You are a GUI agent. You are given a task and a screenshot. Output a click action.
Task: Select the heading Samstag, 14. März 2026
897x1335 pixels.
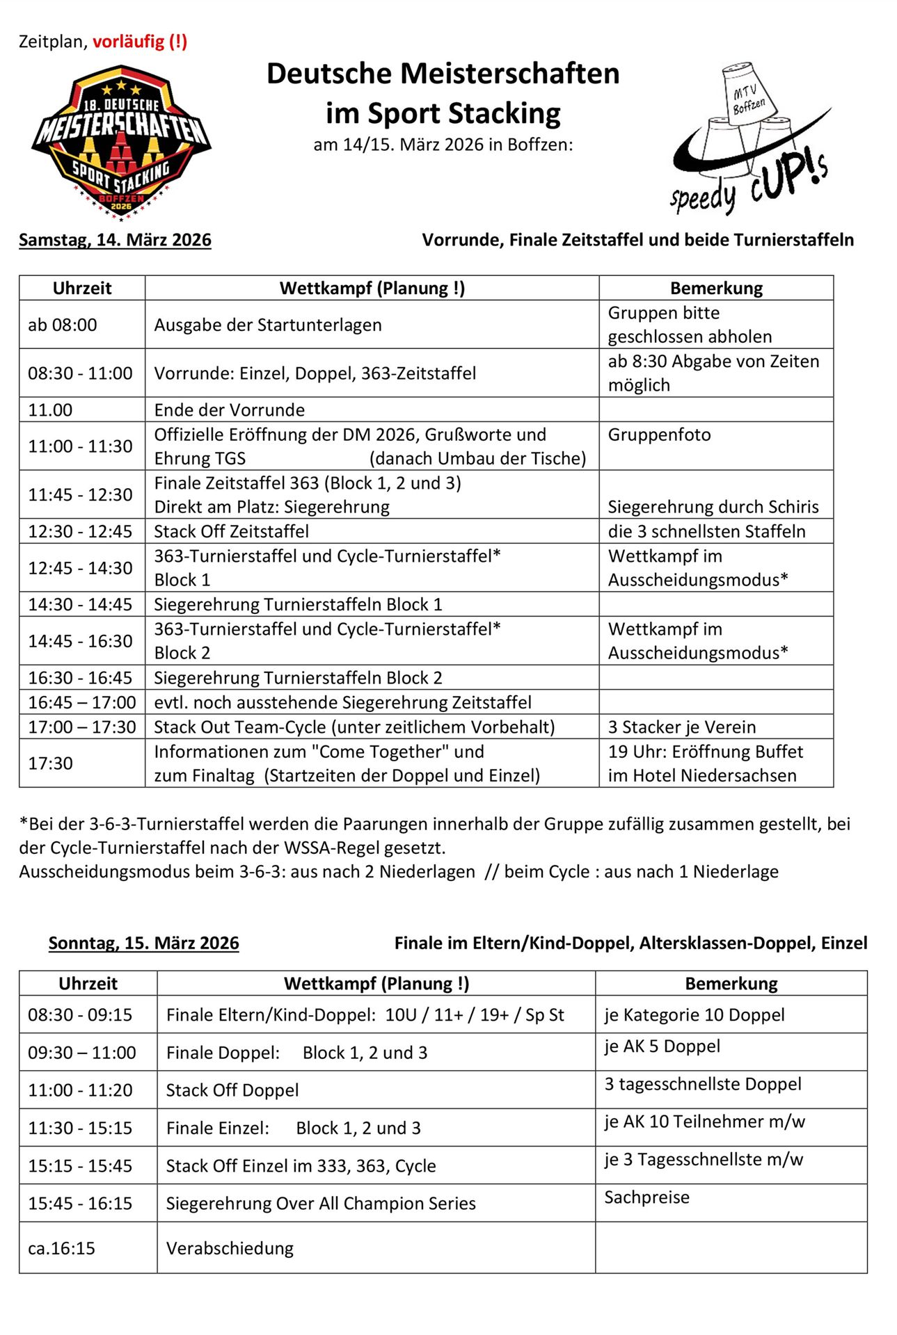point(115,240)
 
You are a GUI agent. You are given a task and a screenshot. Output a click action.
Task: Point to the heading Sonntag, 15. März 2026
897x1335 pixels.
point(143,943)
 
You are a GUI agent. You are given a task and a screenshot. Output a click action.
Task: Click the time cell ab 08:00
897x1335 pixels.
point(63,325)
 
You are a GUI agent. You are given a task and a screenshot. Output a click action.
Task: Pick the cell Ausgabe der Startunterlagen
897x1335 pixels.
point(268,325)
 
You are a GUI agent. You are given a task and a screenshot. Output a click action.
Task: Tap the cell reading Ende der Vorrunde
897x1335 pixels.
point(230,410)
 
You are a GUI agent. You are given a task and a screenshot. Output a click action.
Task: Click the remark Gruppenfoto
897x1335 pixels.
point(659,435)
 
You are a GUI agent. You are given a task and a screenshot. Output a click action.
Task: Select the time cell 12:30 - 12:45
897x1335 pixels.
point(80,531)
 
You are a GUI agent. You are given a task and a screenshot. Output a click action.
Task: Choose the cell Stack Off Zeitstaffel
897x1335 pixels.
point(232,531)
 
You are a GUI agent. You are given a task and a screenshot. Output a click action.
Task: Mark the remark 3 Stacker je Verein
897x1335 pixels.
point(681,727)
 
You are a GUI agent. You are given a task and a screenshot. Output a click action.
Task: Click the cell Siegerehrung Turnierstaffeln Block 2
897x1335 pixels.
point(298,677)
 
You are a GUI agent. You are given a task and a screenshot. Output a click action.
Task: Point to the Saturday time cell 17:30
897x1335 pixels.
point(50,763)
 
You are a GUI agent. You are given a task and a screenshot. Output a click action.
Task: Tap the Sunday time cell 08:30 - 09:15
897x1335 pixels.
point(80,1014)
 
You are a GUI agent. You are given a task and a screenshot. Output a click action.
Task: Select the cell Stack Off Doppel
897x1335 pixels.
point(232,1090)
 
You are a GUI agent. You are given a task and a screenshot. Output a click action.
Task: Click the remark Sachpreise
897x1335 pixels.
point(646,1197)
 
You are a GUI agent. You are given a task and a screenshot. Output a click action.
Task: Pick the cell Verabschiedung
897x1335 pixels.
point(230,1248)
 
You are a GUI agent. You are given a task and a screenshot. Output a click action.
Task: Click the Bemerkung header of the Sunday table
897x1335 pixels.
point(731,983)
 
